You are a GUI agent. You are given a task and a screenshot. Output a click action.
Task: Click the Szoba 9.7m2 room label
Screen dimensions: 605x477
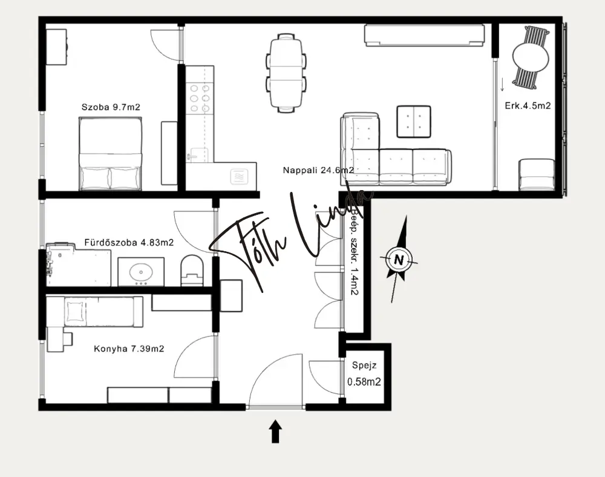click(111, 107)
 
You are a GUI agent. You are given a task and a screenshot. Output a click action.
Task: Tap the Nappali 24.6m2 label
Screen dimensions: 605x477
click(318, 170)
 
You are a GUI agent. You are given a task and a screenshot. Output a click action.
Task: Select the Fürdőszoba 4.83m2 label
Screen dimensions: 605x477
click(129, 242)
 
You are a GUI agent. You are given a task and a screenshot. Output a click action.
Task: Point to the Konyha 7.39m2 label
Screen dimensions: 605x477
click(129, 349)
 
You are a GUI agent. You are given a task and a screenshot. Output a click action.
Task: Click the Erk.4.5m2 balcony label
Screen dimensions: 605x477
click(528, 106)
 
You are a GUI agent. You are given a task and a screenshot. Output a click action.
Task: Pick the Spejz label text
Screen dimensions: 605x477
click(364, 365)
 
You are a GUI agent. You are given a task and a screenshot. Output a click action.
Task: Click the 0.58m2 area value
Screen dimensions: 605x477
click(364, 382)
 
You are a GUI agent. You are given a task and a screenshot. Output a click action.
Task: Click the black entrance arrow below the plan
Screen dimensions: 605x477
click(275, 431)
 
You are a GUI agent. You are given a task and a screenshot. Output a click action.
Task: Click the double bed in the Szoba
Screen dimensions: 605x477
click(110, 154)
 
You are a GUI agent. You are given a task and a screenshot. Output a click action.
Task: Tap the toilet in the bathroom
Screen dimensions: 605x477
click(192, 271)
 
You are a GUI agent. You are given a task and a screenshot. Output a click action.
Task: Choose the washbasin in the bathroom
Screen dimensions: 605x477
click(141, 272)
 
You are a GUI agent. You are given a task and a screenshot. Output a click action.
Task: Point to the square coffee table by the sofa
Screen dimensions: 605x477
click(414, 122)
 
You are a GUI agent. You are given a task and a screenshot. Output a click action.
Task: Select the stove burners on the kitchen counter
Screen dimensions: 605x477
click(200, 99)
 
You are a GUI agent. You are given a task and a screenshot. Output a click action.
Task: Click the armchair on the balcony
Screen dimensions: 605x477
click(536, 174)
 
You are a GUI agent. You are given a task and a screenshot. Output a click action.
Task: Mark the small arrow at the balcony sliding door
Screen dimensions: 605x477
click(502, 85)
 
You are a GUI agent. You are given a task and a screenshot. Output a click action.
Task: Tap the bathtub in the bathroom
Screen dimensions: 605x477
click(78, 265)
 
